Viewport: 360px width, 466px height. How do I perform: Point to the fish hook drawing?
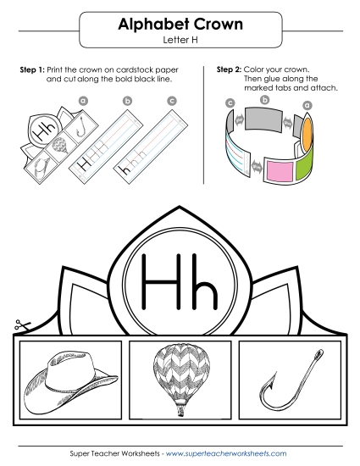coord(289,381)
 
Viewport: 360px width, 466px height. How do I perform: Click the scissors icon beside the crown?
coord(19,325)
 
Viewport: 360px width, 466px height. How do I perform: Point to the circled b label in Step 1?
coord(128,101)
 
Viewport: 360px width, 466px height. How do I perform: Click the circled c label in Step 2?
coord(230,103)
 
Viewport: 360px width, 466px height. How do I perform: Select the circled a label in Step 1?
coord(83,99)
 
